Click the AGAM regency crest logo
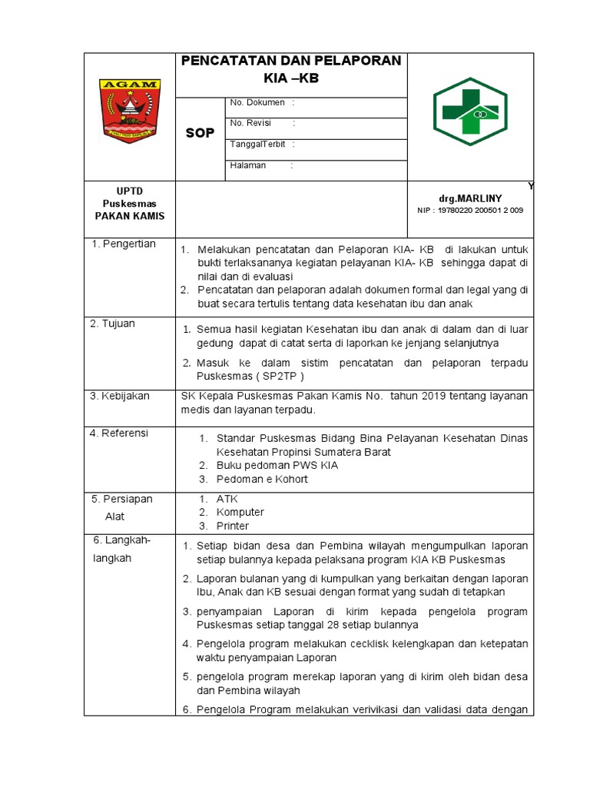pyautogui.click(x=130, y=110)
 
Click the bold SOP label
pyautogui.click(x=200, y=134)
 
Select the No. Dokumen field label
pyautogui.click(x=257, y=102)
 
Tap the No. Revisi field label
pyautogui.click(x=251, y=123)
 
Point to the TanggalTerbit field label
pyautogui.click(x=257, y=144)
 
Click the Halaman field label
pyautogui.click(x=248, y=165)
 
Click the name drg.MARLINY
pyautogui.click(x=470, y=198)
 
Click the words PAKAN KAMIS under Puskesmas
pyautogui.click(x=130, y=216)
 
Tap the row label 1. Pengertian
pyautogui.click(x=123, y=244)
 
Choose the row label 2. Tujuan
pyautogui.click(x=113, y=324)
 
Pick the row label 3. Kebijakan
pyautogui.click(x=120, y=397)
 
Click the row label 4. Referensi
pyautogui.click(x=120, y=433)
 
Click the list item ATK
pyautogui.click(x=227, y=499)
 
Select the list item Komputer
pyautogui.click(x=240, y=513)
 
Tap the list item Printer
pyautogui.click(x=232, y=526)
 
